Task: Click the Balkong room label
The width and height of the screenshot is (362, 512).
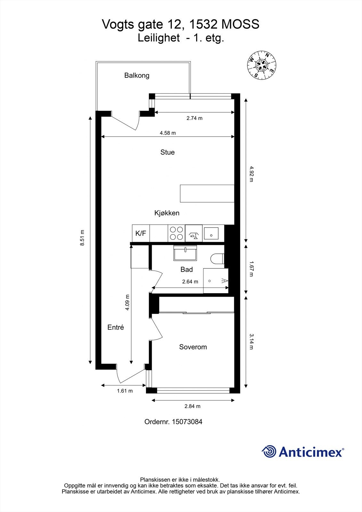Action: click(137, 76)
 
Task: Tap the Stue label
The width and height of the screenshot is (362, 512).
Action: click(167, 152)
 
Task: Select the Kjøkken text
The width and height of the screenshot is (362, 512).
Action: click(167, 213)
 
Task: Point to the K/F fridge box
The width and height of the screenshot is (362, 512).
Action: click(141, 233)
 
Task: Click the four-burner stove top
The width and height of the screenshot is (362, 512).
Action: click(177, 233)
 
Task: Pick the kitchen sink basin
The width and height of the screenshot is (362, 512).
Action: click(211, 233)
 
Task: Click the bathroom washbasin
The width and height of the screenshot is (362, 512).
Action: click(185, 253)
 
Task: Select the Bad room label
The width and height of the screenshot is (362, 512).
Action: click(187, 269)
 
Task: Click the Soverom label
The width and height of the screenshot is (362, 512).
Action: click(193, 347)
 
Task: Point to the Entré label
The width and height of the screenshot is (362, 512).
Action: click(116, 327)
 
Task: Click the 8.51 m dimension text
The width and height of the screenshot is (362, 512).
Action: click(82, 238)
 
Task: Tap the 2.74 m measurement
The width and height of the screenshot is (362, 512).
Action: click(194, 118)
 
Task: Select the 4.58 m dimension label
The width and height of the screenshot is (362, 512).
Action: click(168, 133)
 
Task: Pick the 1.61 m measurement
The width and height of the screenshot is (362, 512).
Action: click(125, 391)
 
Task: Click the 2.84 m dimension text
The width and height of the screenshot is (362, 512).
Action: click(192, 406)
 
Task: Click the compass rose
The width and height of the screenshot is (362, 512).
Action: click(261, 65)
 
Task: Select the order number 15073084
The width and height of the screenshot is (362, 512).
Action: click(187, 422)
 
